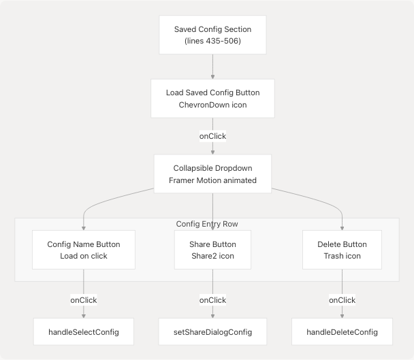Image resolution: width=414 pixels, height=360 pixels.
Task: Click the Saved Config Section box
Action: [x=212, y=35]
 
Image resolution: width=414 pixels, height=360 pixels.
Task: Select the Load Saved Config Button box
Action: [x=212, y=99]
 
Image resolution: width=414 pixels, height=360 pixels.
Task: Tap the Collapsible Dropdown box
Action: [x=212, y=174]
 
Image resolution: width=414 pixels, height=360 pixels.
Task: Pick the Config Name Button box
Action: [x=84, y=250]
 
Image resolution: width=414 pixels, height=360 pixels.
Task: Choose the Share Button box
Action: [x=212, y=250]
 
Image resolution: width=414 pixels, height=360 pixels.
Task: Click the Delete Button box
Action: [x=342, y=250]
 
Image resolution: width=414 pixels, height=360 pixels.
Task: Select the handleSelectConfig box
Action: [x=84, y=332]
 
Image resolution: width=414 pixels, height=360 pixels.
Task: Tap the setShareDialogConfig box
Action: [x=212, y=332]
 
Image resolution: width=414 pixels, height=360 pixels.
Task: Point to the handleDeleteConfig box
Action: [x=342, y=332]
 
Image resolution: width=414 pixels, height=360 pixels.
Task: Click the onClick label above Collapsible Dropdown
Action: [x=212, y=136]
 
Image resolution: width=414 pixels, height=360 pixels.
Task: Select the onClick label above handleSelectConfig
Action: [x=84, y=299]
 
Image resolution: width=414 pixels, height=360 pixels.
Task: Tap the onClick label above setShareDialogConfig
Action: [x=212, y=299]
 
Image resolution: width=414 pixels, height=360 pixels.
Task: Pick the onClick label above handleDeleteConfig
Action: [x=342, y=299]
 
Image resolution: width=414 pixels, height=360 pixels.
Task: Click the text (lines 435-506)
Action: [x=212, y=42]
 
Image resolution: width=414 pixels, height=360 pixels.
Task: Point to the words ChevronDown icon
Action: [x=212, y=105]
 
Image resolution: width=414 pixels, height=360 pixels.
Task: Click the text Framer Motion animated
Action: [x=212, y=180]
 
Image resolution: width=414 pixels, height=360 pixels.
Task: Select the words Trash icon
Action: [x=342, y=257]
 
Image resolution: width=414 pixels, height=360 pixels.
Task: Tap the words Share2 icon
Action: [x=212, y=257]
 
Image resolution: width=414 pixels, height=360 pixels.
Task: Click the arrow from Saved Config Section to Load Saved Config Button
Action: [x=212, y=67]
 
